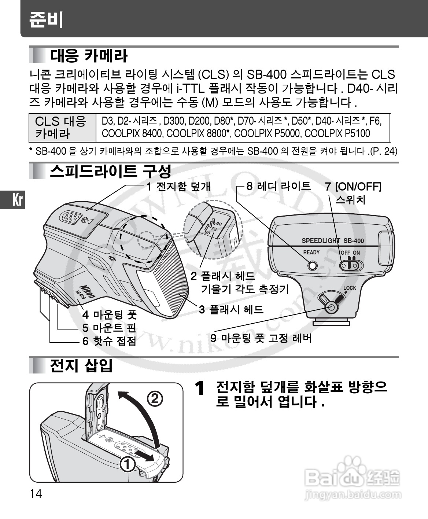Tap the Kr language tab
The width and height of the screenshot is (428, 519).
point(17,200)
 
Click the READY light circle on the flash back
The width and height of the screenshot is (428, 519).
point(312,265)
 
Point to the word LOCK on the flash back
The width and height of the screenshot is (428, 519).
point(350,288)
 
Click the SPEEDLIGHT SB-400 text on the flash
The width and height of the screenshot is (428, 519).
point(333,240)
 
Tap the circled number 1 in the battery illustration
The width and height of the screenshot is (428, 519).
point(127,464)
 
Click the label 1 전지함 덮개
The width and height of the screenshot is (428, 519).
point(178,186)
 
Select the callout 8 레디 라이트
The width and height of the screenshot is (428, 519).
point(278,186)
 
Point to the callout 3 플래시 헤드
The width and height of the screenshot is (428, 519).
point(231,309)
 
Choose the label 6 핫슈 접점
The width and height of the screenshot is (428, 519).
point(109,341)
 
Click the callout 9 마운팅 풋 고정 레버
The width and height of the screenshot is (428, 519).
point(261,338)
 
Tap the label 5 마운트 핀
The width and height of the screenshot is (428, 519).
point(109,328)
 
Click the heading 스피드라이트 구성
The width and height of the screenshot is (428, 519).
point(111,171)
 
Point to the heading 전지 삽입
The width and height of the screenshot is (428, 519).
point(81,365)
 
